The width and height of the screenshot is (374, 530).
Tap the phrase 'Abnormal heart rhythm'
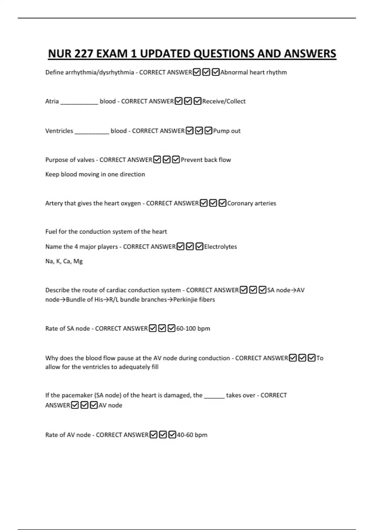(x=253, y=72)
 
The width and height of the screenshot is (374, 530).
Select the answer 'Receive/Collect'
(x=224, y=101)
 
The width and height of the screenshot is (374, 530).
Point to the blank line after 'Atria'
(x=79, y=102)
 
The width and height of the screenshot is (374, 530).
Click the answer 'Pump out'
(x=227, y=131)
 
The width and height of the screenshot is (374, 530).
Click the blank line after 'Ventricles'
(x=92, y=132)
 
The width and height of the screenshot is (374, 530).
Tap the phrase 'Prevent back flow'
(x=206, y=160)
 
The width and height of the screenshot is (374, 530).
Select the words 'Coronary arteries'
(x=252, y=203)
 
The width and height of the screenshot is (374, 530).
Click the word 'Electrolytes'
(x=220, y=247)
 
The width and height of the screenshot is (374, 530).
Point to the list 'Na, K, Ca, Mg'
(x=64, y=261)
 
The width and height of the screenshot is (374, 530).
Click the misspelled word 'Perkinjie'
(x=186, y=300)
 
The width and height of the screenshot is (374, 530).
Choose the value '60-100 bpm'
(x=193, y=329)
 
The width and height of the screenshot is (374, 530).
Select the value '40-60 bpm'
(x=192, y=435)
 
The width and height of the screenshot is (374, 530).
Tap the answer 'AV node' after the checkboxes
(x=110, y=405)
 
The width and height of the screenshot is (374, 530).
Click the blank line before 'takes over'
(x=214, y=396)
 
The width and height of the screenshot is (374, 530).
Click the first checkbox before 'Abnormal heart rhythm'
(x=197, y=72)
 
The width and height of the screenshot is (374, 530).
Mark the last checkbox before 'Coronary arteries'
(x=222, y=203)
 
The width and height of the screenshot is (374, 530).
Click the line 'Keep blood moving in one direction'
(x=95, y=174)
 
